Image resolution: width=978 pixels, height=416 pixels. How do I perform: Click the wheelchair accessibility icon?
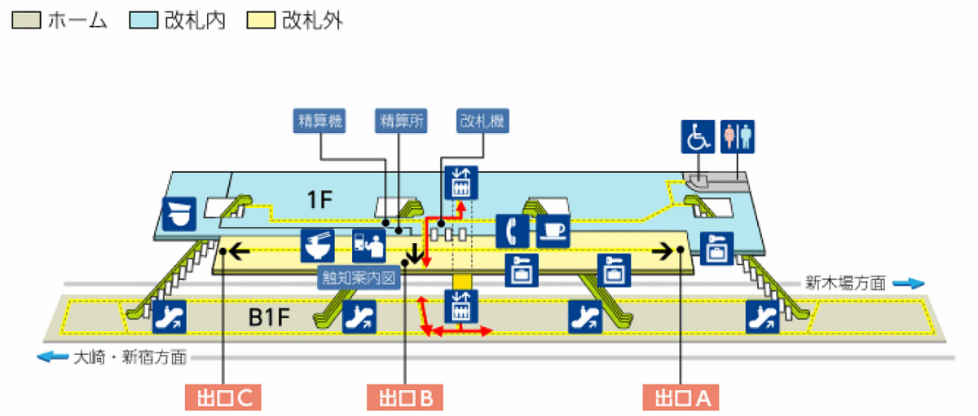698,137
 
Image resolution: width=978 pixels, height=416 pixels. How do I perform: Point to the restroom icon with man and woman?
738,137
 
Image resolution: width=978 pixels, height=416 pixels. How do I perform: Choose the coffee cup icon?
553,231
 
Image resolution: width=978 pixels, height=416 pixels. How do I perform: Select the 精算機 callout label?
319,121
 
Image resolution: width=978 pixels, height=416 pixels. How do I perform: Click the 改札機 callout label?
481,121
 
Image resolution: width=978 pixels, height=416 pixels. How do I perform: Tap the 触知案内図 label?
359,277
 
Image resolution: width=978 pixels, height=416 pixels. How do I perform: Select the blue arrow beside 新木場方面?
909,284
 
